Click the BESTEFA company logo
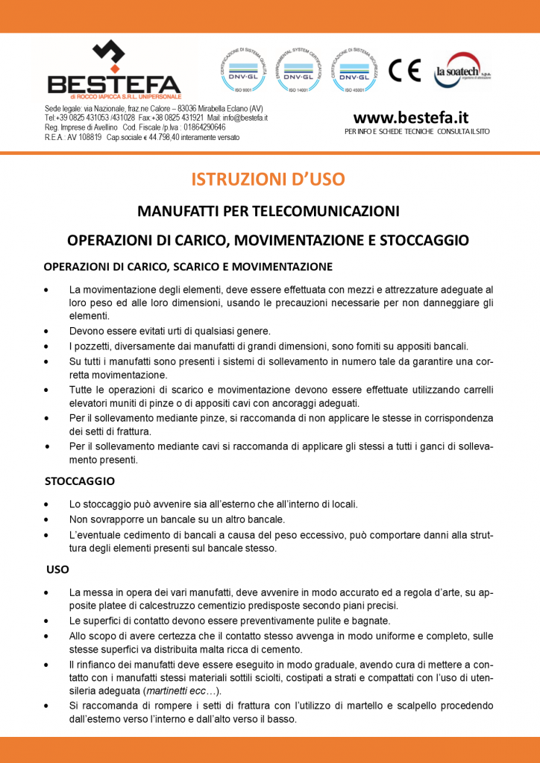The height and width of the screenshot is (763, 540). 113,72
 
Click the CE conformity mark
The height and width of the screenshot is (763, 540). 404,70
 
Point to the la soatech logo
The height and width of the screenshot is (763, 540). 462,71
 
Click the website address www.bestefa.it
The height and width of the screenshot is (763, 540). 410,118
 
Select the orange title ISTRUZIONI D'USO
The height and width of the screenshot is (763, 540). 269,180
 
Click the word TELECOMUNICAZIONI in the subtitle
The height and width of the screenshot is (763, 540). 326,212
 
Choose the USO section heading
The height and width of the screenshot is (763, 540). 57,569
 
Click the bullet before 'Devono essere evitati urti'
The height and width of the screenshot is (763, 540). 47,331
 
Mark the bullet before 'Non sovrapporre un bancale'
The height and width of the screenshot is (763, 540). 47,519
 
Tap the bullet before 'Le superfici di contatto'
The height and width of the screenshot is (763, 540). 47,621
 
